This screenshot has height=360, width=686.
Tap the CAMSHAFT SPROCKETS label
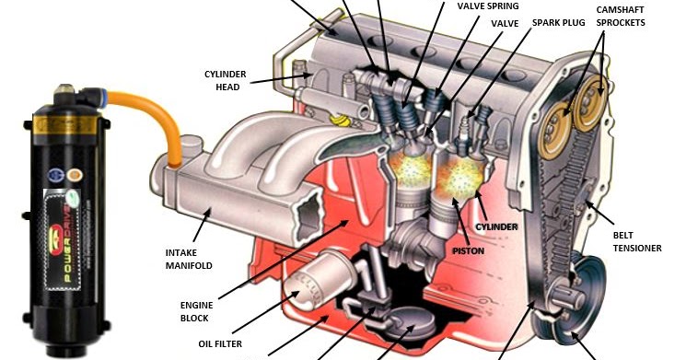(x=619, y=16)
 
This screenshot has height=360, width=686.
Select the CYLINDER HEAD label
(x=223, y=80)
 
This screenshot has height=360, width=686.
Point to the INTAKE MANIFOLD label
(x=190, y=259)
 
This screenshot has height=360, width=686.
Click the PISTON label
(x=469, y=250)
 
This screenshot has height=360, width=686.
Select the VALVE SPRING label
(x=488, y=6)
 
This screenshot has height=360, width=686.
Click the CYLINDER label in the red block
(x=497, y=226)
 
